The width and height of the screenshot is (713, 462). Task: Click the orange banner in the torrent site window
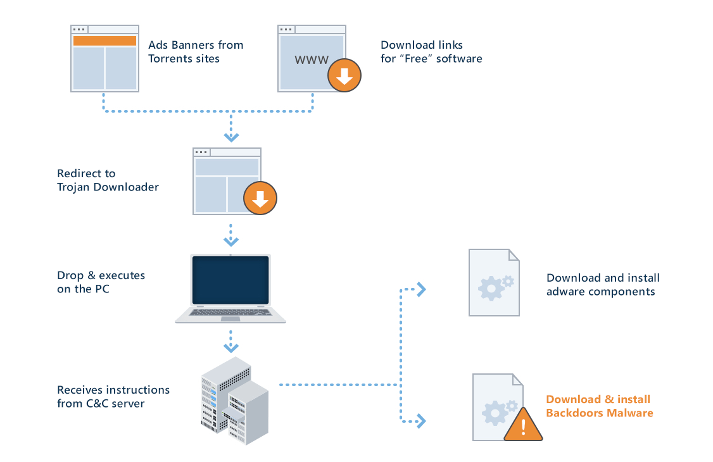point(104,41)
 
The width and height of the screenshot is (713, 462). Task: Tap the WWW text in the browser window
point(312,61)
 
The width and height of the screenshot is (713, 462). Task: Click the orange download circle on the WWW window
point(344,77)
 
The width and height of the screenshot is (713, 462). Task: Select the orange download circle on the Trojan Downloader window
point(260,199)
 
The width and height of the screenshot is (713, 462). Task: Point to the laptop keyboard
point(230,312)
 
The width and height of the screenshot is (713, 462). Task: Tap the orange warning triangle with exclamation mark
point(524,426)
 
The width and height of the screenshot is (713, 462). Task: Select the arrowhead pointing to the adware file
point(421,289)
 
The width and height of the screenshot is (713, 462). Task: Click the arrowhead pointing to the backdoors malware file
point(421,420)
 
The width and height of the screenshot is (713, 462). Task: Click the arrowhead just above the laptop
point(231,242)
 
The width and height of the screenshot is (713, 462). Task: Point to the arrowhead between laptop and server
point(231,348)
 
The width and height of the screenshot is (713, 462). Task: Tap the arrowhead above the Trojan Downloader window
point(231,137)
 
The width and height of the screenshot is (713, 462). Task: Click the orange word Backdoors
point(574,413)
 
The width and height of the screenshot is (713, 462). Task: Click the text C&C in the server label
point(95,404)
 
